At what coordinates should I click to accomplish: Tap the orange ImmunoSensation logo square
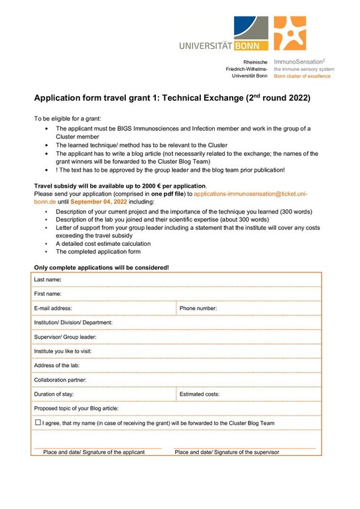point(290,34)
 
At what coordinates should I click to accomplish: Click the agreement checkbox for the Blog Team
point(37,422)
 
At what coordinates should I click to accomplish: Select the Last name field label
point(48,280)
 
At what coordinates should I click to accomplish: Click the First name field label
point(48,294)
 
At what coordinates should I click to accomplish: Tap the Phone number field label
point(198,308)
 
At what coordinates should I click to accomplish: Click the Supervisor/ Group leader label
point(66,337)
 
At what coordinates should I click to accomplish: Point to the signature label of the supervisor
point(227,452)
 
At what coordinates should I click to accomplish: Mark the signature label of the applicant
point(94,452)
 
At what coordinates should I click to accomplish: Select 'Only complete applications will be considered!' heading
point(101,267)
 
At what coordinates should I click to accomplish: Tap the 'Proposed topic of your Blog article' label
point(77,408)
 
